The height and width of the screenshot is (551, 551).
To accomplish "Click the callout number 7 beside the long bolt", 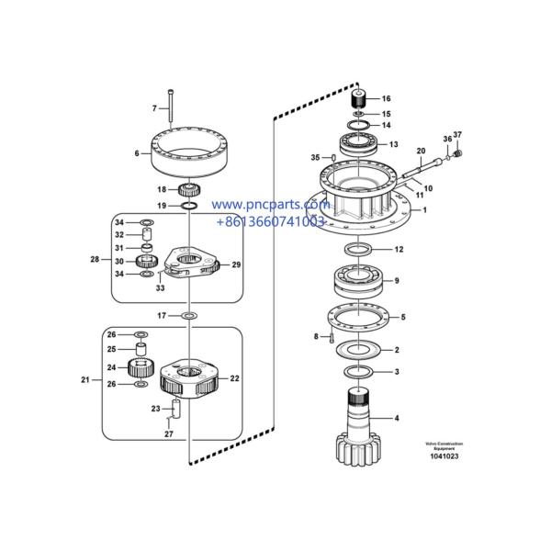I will click(x=154, y=108).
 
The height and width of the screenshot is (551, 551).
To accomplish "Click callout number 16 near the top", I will click(x=386, y=98).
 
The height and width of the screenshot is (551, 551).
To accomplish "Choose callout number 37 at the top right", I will click(x=458, y=137).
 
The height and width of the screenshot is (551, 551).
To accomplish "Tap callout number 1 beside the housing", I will click(x=424, y=210).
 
